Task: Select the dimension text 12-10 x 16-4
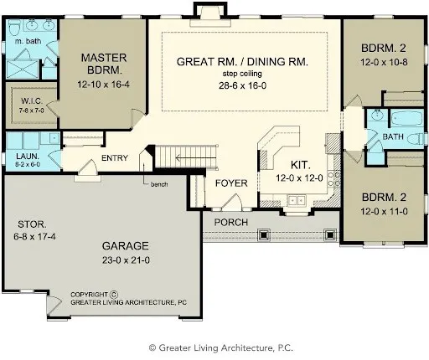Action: pos(103,85)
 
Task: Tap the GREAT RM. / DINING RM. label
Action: pos(243,62)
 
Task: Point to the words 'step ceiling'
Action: pos(243,75)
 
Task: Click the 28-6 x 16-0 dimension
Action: pos(243,86)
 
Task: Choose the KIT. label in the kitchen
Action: pos(300,165)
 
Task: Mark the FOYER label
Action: pos(230,183)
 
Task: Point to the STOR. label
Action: pos(32,224)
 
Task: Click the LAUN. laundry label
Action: pos(27,156)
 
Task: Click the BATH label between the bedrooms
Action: pos(393,136)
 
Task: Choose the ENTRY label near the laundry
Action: pos(115,158)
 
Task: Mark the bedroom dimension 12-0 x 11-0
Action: pos(385,211)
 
